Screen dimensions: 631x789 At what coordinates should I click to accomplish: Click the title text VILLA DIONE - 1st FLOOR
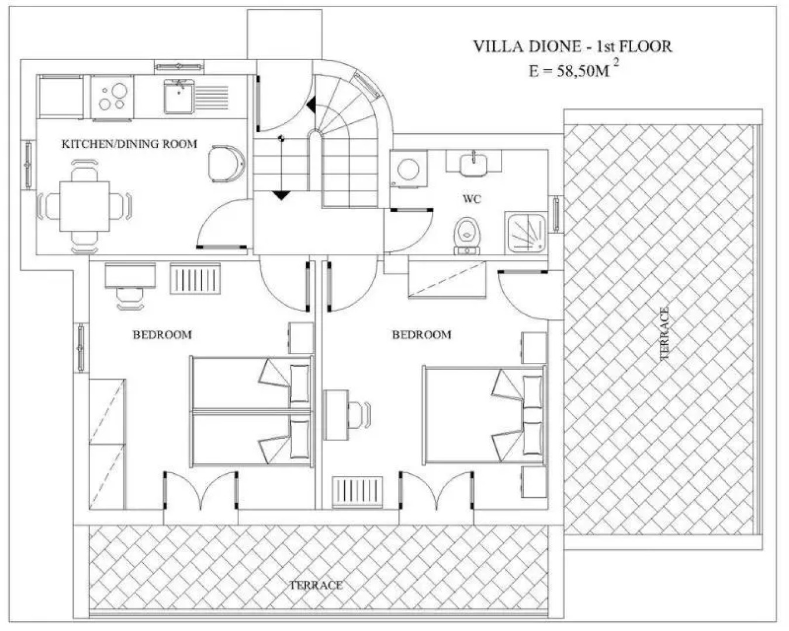572,46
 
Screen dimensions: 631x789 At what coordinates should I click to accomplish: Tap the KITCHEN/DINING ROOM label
129,144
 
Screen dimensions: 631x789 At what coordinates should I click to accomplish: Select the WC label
472,199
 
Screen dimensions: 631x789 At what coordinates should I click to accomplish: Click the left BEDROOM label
162,335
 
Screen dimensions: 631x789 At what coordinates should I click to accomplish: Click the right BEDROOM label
421,335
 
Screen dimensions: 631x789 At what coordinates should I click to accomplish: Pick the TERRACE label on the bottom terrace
316,585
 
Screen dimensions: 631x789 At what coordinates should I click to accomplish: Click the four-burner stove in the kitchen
113,97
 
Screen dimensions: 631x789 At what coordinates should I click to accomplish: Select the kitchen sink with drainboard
196,97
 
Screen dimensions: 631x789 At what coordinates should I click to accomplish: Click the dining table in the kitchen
84,206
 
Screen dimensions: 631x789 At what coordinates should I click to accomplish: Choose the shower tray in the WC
525,233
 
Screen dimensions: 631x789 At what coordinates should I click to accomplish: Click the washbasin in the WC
473,162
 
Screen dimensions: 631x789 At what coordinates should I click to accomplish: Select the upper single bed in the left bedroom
251,383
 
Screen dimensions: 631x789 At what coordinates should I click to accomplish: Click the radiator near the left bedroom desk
195,279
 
